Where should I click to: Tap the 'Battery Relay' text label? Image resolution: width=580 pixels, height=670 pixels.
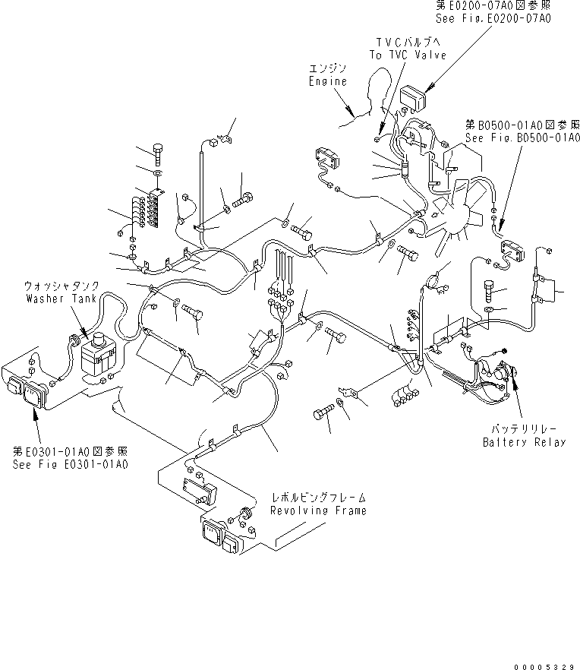(x=524, y=442)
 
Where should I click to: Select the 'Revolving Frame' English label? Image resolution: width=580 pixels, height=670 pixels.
(x=318, y=510)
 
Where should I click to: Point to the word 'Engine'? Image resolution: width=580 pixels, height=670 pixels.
(x=328, y=81)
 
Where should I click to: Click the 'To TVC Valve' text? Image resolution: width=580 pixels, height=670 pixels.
(x=408, y=55)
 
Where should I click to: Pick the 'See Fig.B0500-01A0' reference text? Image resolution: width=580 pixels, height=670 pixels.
(x=522, y=138)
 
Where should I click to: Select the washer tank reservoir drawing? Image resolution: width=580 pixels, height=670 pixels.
(x=96, y=357)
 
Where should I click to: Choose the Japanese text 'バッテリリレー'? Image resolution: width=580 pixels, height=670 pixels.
(x=524, y=429)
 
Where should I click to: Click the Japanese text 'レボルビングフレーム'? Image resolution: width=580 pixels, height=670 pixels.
(x=318, y=497)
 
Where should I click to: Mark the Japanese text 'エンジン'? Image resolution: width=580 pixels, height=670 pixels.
(x=328, y=68)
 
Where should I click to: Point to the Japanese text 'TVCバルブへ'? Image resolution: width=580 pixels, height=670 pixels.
(x=408, y=42)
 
